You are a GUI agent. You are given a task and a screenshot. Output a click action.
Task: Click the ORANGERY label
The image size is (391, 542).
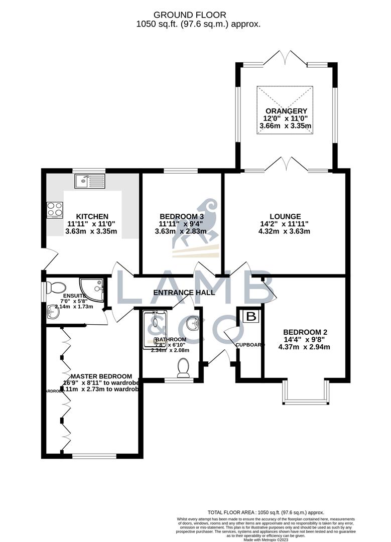287,111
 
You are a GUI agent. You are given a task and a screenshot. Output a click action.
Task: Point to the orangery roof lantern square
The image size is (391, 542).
285,110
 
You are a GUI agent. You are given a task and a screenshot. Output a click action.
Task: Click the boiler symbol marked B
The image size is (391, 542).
249,317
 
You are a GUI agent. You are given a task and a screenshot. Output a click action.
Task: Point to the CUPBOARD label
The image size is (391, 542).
250,345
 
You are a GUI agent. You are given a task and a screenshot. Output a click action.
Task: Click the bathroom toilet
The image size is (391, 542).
183,370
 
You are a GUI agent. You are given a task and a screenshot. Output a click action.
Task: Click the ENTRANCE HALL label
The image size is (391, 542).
184,293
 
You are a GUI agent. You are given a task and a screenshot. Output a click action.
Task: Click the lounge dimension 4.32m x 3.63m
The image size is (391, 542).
284,231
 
